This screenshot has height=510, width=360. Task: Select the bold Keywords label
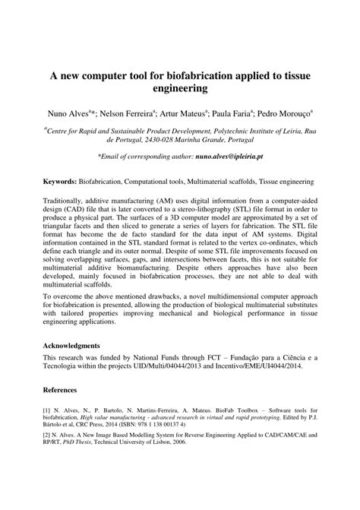pyautogui.click(x=58, y=184)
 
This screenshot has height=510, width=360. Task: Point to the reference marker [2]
pyautogui.click(x=47, y=439)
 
